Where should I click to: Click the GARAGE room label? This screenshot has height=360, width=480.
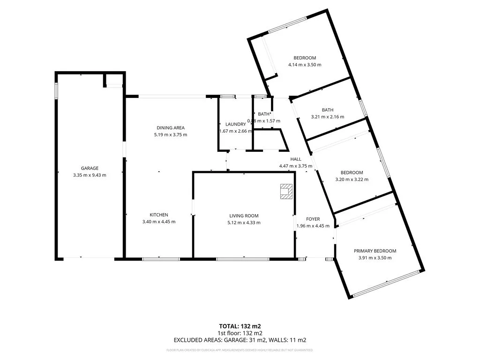(x=90, y=168)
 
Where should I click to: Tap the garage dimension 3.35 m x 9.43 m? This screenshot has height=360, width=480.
(x=90, y=175)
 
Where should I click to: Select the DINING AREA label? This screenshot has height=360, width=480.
(x=171, y=127)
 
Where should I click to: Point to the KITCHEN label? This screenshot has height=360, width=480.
(x=159, y=215)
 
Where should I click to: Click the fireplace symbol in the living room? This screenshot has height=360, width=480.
(x=285, y=191)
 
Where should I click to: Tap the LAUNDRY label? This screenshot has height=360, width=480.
(x=235, y=124)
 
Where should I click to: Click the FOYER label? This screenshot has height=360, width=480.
(x=313, y=219)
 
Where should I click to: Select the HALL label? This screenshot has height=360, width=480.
(x=295, y=159)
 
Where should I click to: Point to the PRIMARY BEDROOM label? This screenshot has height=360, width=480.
(x=375, y=251)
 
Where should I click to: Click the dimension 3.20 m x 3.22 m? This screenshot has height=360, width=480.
(x=352, y=179)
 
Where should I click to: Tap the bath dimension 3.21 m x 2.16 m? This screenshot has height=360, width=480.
(x=328, y=117)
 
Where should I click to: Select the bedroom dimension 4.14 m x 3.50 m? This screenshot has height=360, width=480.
(x=305, y=65)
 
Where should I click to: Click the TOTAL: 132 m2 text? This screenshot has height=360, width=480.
(x=240, y=326)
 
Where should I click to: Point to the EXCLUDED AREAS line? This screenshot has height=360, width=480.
(x=240, y=340)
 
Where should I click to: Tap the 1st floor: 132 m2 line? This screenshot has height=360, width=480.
(x=240, y=333)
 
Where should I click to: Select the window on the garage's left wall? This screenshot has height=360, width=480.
(x=56, y=90)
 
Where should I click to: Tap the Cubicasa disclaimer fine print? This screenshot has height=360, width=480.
(x=240, y=350)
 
